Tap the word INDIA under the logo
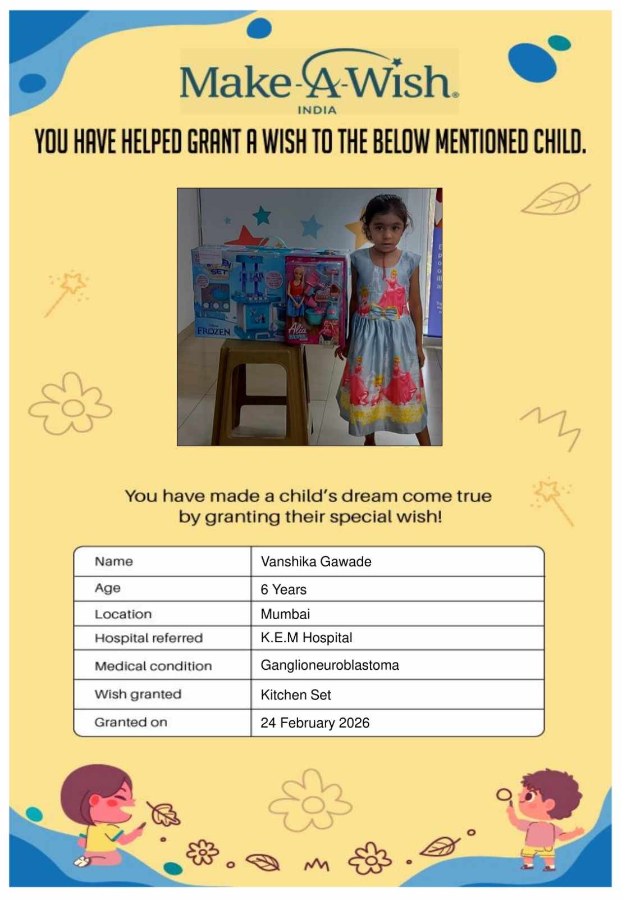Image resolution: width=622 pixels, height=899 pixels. click(317, 110)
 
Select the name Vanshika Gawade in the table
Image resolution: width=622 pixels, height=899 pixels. click(316, 561)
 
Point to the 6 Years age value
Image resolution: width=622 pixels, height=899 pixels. click(283, 589)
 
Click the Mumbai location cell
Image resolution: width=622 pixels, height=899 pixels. click(285, 614)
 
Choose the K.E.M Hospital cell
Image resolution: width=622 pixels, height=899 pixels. click(307, 638)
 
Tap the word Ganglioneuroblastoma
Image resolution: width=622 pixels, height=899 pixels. click(330, 665)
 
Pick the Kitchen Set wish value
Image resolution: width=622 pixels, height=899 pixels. click(296, 695)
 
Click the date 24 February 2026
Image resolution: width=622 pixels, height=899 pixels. click(315, 723)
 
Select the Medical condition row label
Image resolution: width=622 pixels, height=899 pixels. click(153, 666)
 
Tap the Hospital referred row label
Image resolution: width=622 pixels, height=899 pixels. click(149, 638)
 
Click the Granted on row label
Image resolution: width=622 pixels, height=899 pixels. click(131, 723)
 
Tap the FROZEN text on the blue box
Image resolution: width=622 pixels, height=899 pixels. click(213, 331)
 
